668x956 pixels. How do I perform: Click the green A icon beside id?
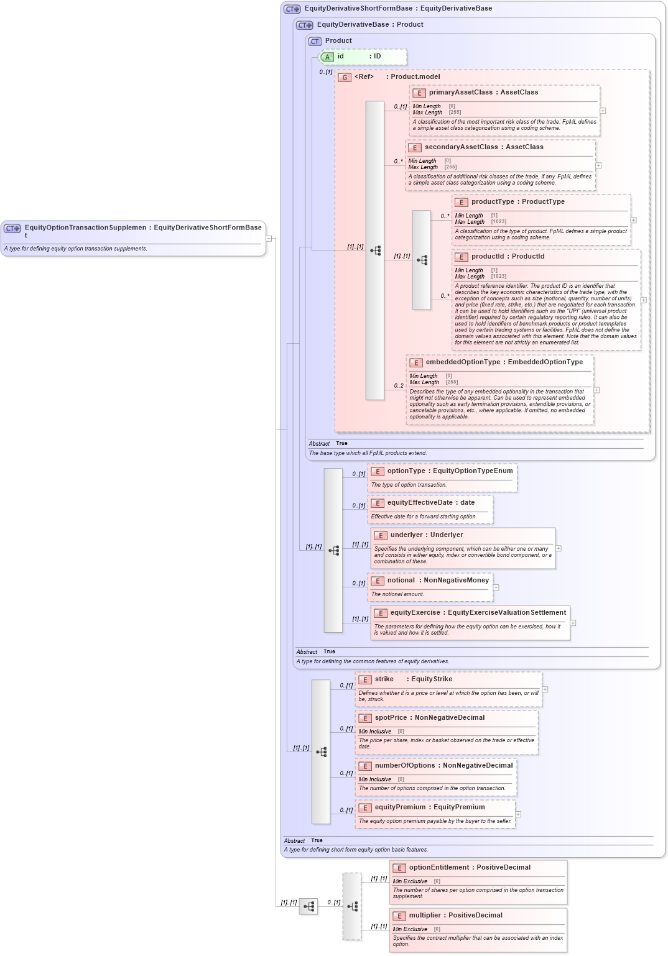[327, 57]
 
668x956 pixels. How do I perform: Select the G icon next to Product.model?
[345, 78]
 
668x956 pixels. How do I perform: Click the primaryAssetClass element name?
[460, 93]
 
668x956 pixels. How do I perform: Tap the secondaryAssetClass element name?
[461, 147]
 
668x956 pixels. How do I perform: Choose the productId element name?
[487, 257]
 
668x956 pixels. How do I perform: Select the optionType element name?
[406, 471]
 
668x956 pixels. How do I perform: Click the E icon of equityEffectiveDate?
[378, 503]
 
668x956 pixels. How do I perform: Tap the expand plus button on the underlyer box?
[559, 548]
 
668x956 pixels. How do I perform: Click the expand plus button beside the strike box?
[545, 689]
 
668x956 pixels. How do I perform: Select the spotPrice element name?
[391, 718]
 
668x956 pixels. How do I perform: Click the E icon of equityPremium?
[365, 808]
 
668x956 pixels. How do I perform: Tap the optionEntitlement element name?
[438, 868]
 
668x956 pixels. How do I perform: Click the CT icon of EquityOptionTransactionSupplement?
[12, 229]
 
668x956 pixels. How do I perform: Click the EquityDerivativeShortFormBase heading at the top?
[358, 9]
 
